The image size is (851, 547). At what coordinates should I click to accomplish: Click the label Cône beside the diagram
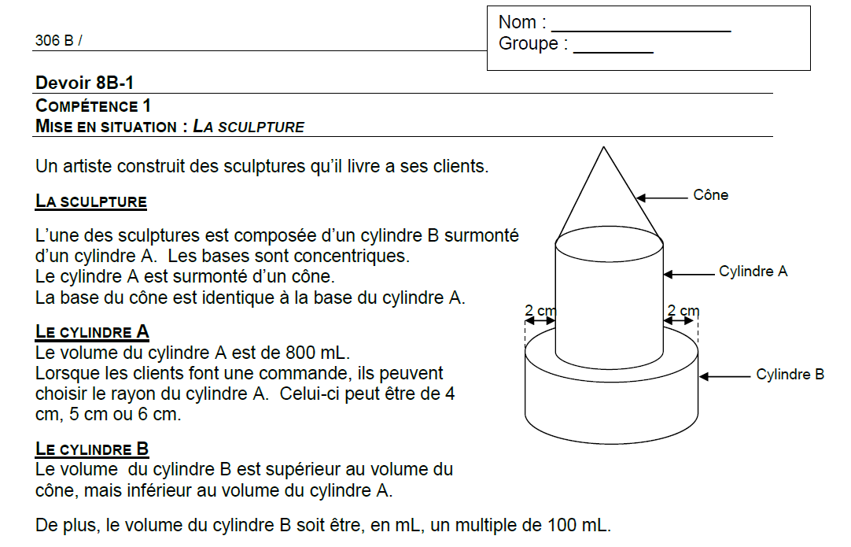tap(710, 195)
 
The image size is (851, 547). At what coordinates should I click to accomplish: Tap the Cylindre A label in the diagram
tap(753, 272)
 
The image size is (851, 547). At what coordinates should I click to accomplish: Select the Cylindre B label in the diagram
tap(790, 375)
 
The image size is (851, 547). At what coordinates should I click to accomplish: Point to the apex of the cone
tap(603, 147)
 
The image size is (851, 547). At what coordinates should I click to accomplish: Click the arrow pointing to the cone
tap(661, 198)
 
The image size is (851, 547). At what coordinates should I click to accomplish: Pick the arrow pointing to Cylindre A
tap(688, 274)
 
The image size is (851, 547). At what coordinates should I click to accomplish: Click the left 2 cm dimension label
tap(540, 311)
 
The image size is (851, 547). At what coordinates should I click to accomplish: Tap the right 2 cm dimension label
tap(683, 311)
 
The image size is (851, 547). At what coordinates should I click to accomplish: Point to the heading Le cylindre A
tap(92, 331)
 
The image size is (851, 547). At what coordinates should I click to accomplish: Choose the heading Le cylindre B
tap(92, 449)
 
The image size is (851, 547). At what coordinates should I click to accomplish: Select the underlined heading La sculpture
tap(91, 201)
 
